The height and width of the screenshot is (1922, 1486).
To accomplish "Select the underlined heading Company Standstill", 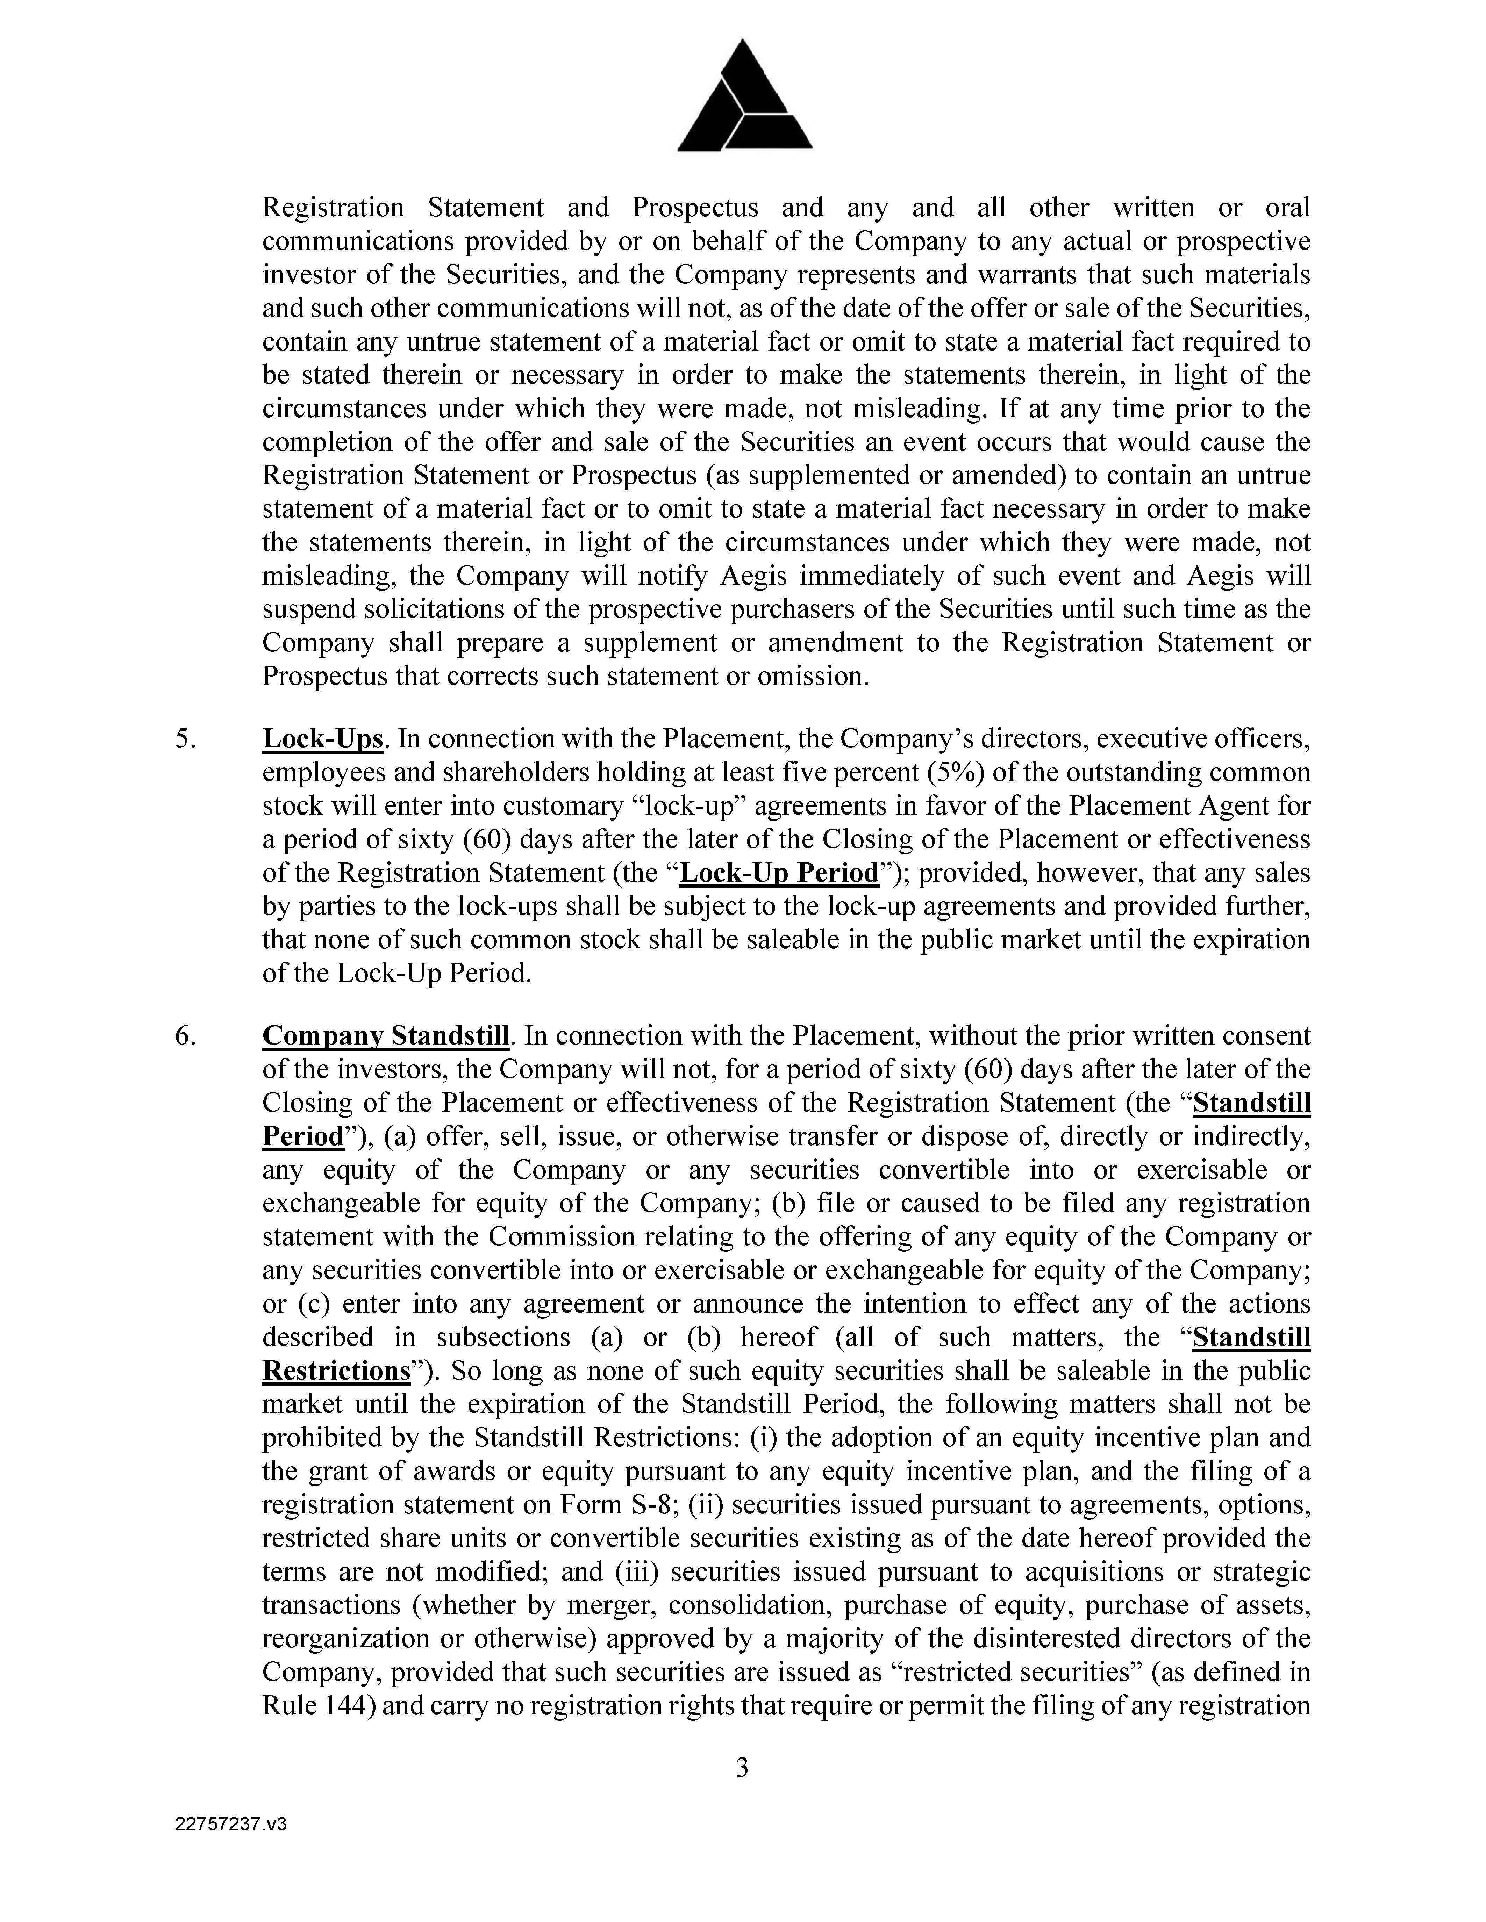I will click(386, 1036).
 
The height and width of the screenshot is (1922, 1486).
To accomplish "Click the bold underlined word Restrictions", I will click(336, 1370).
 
